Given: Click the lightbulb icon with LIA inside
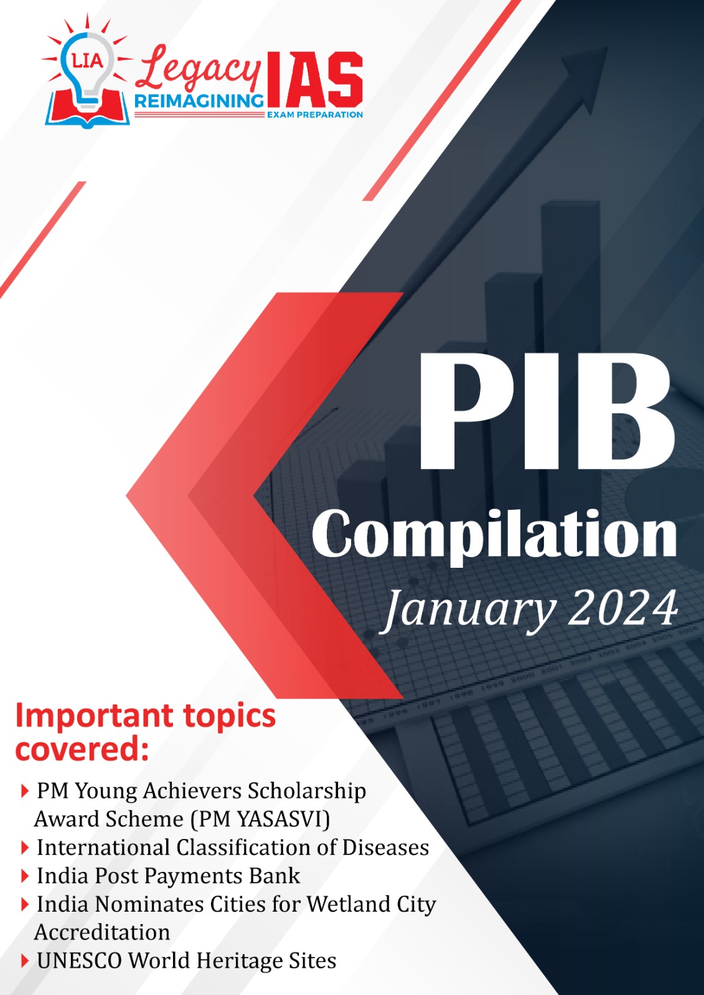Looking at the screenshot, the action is (x=88, y=71).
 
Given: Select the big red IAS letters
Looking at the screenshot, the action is (x=314, y=80).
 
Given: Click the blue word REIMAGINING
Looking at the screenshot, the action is (x=199, y=102).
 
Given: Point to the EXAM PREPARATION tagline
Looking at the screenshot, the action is (x=315, y=114).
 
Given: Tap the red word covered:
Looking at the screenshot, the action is (x=82, y=750).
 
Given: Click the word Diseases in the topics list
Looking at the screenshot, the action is (x=385, y=848).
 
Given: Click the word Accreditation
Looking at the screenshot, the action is (x=102, y=932).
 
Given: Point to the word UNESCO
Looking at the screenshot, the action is (x=79, y=960).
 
